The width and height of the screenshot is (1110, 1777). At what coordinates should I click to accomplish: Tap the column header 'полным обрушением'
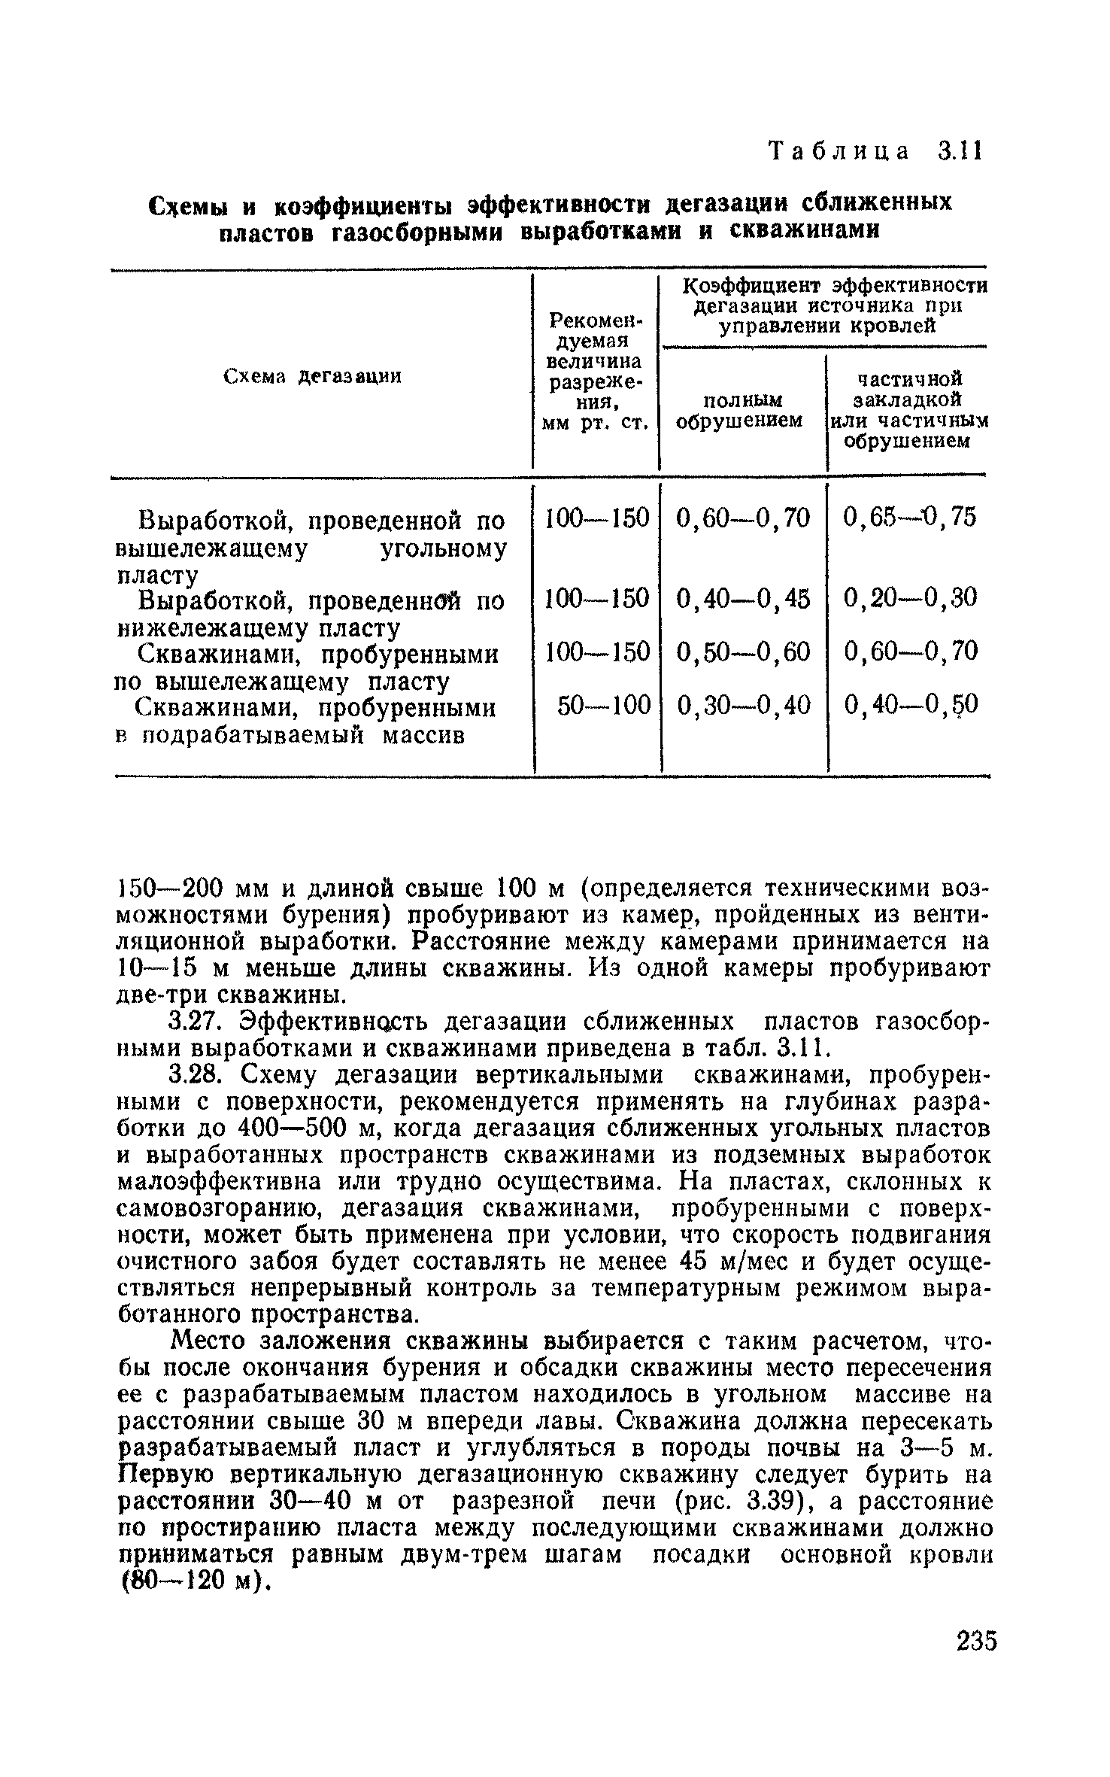(x=740, y=409)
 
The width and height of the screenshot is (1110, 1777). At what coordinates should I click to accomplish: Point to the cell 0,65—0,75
(x=910, y=517)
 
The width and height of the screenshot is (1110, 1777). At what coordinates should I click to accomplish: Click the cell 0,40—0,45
(x=744, y=598)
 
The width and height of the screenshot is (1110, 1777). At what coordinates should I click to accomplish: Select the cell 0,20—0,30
(x=910, y=598)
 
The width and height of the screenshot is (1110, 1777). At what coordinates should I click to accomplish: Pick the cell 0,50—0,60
(x=744, y=652)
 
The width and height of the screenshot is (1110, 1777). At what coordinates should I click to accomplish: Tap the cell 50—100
(x=604, y=705)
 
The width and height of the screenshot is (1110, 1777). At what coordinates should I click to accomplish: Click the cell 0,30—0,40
(x=744, y=705)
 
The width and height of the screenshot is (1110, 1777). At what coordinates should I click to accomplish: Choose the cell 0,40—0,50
(x=910, y=705)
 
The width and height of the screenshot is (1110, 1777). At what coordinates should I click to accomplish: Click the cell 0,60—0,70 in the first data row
(x=744, y=517)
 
